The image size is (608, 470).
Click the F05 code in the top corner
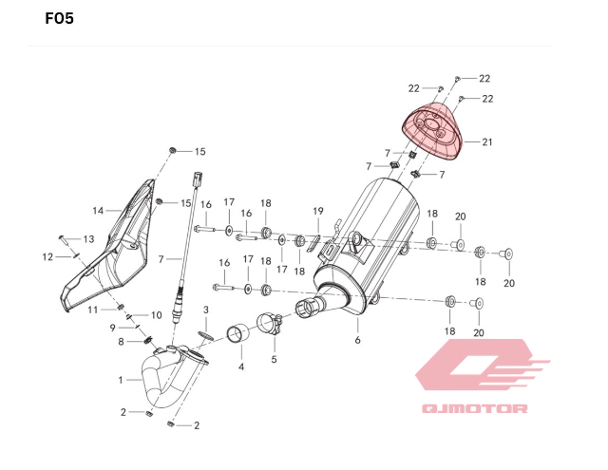coord(60,19)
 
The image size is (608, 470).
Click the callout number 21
coord(487,142)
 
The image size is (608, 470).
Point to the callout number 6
coord(358,339)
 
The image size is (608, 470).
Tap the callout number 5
coord(274,359)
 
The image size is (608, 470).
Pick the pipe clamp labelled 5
coord(269,326)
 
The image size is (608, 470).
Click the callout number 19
coord(318,211)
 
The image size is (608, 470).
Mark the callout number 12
coord(47,256)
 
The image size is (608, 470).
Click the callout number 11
coord(93,310)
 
